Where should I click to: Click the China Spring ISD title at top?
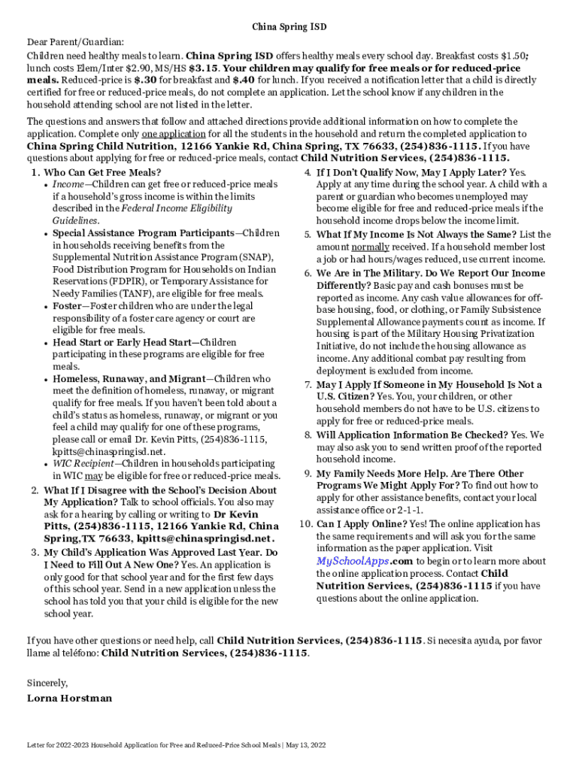coord(289,27)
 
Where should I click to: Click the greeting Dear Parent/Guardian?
coord(76,42)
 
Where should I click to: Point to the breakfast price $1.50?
coord(492,56)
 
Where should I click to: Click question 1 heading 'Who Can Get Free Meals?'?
coord(102,172)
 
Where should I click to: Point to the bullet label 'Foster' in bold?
coord(68,306)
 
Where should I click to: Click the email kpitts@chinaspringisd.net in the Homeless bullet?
coord(108,451)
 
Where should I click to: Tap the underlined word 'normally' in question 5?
coord(370,247)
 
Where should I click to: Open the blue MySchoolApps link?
coord(353,561)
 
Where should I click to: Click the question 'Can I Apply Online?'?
coord(362,523)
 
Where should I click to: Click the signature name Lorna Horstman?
coord(69,698)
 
